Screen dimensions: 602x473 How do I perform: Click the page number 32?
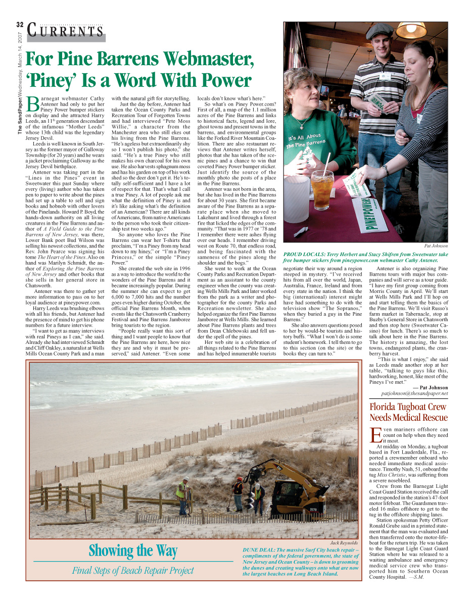(x=20, y=25)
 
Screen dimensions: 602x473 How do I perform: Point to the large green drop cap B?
(x=32, y=104)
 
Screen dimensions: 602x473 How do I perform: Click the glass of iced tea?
(x=322, y=189)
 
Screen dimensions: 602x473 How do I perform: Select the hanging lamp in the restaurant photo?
(x=411, y=31)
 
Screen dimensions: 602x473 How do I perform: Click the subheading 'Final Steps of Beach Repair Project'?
(x=133, y=571)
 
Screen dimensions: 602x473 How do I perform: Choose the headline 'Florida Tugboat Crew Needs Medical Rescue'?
(x=408, y=412)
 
